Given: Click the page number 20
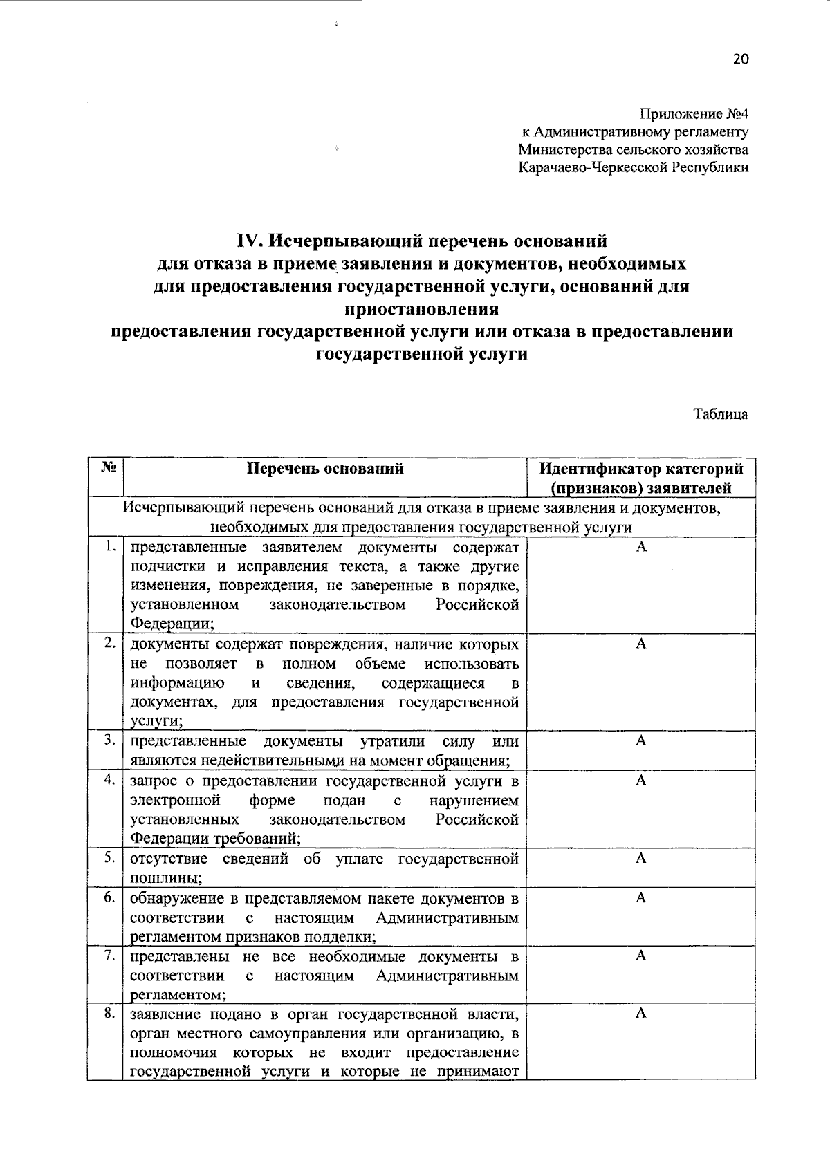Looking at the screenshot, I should pyautogui.click(x=740, y=59).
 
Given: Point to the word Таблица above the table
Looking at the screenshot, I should pyautogui.click(x=721, y=414).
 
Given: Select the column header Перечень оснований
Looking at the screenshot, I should pyautogui.click(x=325, y=469).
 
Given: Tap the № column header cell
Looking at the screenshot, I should pyautogui.click(x=107, y=468).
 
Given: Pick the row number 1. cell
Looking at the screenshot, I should pyautogui.click(x=109, y=547).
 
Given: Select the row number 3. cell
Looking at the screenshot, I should pyautogui.click(x=109, y=740).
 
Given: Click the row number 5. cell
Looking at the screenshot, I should pyautogui.click(x=109, y=858).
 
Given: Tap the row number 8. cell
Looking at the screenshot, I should pyautogui.click(x=109, y=1014).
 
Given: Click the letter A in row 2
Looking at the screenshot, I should pyautogui.click(x=641, y=644).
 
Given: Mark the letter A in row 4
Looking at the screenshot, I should pyautogui.click(x=641, y=781).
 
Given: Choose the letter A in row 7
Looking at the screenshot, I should pyautogui.click(x=641, y=956).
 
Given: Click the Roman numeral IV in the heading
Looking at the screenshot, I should pyautogui.click(x=248, y=241).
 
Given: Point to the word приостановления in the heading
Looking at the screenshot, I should pyautogui.click(x=421, y=308).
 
